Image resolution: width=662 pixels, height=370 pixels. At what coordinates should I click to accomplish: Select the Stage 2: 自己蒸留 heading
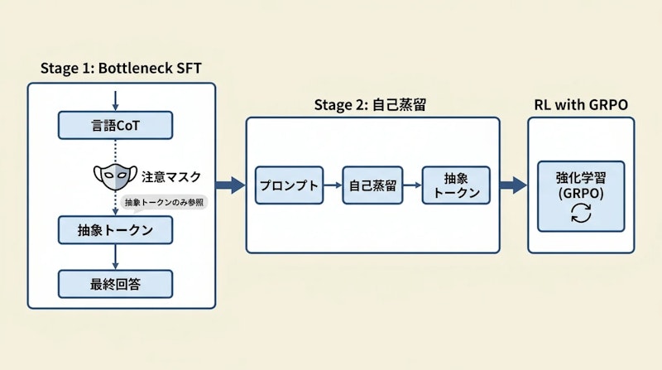371,105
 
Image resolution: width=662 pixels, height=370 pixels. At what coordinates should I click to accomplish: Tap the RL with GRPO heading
581,105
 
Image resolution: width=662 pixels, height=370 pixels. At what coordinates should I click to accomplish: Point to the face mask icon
114,175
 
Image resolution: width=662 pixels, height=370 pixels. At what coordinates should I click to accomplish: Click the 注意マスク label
171,176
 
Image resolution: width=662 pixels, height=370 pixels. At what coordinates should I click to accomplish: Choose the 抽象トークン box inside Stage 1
115,230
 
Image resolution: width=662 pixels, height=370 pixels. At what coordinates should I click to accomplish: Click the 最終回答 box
115,283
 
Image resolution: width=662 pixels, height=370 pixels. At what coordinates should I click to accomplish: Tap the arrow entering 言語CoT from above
115,101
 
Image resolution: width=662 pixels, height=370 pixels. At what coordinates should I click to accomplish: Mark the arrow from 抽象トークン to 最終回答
115,257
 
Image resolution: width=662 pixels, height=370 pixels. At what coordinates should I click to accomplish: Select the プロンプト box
287,185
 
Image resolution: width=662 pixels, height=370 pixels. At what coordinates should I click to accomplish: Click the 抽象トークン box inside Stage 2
455,185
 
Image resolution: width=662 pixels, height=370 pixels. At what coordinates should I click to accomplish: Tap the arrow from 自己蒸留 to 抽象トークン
411,185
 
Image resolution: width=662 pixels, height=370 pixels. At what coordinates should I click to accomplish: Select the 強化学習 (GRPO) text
581,184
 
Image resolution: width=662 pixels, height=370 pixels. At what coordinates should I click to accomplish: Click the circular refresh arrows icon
581,213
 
